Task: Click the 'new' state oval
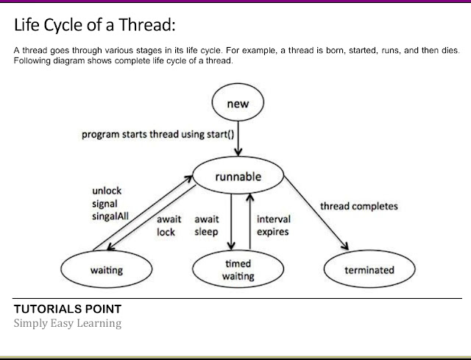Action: [x=238, y=104]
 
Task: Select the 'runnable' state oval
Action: [x=238, y=177]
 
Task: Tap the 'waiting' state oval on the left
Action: [x=106, y=270]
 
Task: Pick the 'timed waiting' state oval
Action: [x=237, y=269]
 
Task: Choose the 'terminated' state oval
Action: [x=369, y=270]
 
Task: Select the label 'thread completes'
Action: [x=359, y=206]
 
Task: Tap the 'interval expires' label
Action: [x=273, y=225]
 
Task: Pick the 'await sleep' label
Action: [x=205, y=225]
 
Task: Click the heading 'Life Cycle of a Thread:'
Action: [x=95, y=27]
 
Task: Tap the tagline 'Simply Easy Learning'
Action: [x=67, y=323]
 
